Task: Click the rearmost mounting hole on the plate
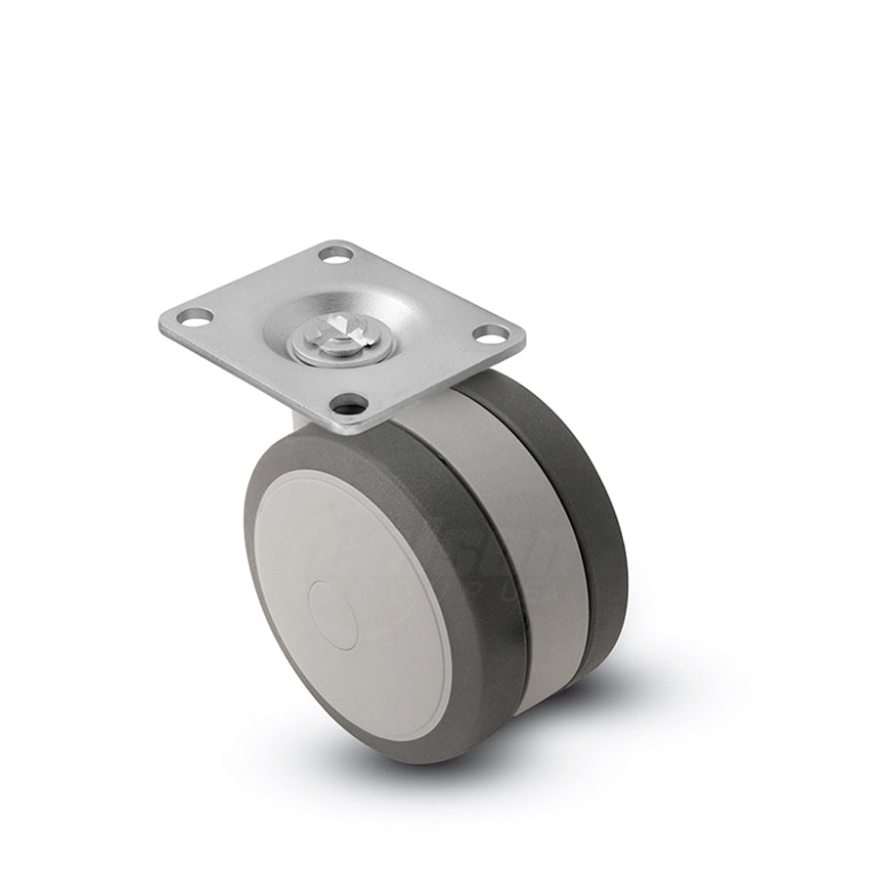(335, 254)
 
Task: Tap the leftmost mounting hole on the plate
(195, 316)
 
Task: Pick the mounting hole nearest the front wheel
(348, 402)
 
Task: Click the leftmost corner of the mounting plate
(162, 318)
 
